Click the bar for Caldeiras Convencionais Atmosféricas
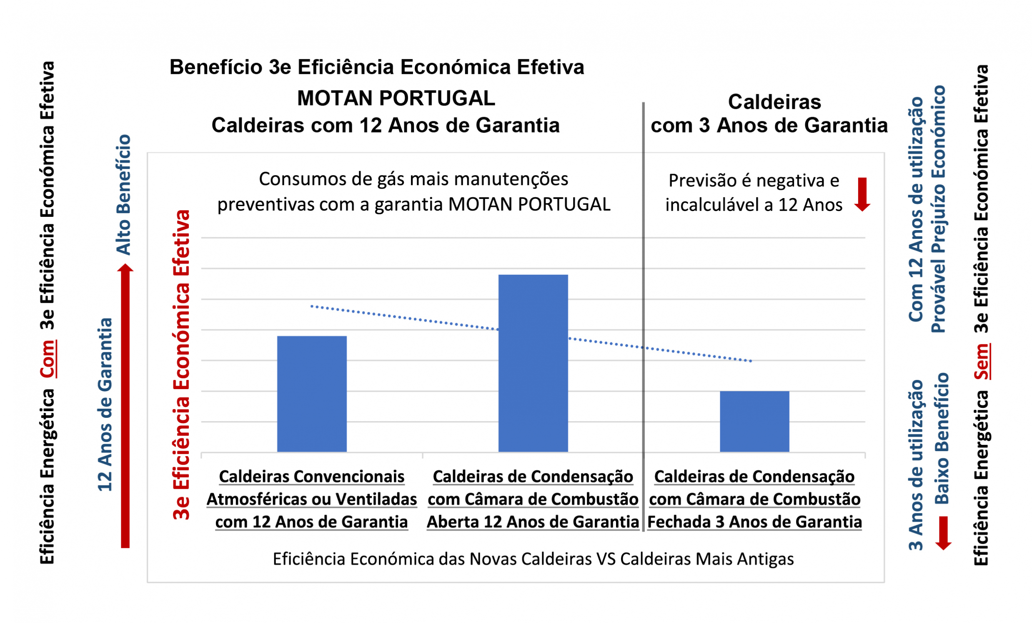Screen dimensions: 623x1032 (x=312, y=394)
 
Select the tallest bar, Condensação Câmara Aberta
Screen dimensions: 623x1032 (x=533, y=363)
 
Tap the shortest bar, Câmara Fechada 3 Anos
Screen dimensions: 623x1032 (x=754, y=421)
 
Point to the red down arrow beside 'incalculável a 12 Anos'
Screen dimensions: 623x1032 (x=862, y=194)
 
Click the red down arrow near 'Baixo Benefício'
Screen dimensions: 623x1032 (x=943, y=533)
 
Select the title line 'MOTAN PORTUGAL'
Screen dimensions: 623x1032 (x=396, y=98)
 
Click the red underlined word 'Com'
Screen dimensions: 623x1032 (x=48, y=359)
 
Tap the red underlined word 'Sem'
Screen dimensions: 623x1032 (x=981, y=361)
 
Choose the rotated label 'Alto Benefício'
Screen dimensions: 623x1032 (x=123, y=195)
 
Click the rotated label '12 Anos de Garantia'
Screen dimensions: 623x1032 (x=105, y=404)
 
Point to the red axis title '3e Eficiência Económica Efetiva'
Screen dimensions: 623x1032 (x=181, y=364)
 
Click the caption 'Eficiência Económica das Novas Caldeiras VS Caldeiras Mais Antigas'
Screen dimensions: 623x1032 (x=533, y=559)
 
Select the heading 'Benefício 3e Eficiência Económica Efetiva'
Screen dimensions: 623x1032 (x=376, y=68)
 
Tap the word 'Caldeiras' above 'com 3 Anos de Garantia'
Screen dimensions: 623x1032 (x=774, y=102)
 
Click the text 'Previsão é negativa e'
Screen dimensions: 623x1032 (x=754, y=181)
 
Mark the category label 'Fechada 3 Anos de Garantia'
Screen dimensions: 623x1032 (x=754, y=522)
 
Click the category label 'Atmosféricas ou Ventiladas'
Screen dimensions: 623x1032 (x=312, y=500)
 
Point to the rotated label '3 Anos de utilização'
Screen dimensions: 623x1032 (x=916, y=465)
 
